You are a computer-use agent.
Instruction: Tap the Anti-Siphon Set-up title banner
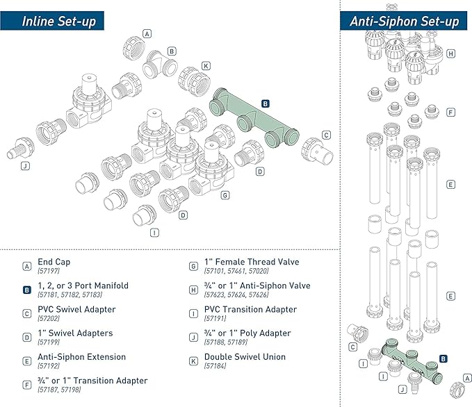(x=404, y=21)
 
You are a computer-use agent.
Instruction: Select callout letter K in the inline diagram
(x=205, y=66)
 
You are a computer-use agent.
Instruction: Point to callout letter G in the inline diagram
(x=225, y=195)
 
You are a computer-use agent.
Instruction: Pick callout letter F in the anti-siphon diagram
(x=451, y=111)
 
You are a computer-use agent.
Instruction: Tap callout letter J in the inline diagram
(x=25, y=166)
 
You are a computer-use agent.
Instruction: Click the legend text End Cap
(x=54, y=262)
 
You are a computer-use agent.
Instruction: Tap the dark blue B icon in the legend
(x=26, y=290)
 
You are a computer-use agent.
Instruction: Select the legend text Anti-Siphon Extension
(x=81, y=357)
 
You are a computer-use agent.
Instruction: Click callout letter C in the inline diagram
(x=326, y=135)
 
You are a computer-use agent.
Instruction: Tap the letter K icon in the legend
(x=193, y=361)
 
